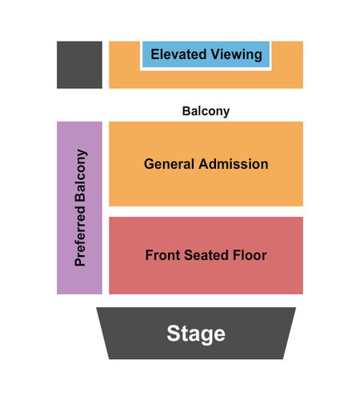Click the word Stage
point(196,334)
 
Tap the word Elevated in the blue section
point(178,54)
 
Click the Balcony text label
point(206,111)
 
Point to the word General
point(169,164)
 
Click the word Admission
point(234,164)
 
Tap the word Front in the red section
point(162,255)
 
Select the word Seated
point(206,255)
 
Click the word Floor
point(250,255)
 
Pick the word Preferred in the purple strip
point(80,236)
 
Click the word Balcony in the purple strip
point(81,175)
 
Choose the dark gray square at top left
point(79,65)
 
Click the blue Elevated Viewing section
point(206,54)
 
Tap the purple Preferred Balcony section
point(79,208)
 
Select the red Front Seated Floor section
point(206,255)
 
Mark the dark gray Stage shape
point(196,334)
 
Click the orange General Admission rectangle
point(206,164)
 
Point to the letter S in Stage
point(173,333)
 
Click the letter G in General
point(150,164)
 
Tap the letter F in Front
point(149,255)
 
